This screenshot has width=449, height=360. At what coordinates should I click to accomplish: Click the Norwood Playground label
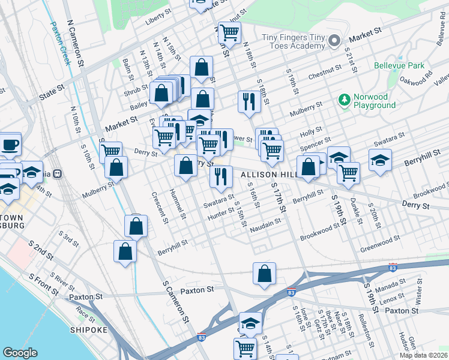tap(370, 101)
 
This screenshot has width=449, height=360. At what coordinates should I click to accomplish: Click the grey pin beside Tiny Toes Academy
tap(335, 41)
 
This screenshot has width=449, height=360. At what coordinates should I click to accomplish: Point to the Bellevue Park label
tap(399, 65)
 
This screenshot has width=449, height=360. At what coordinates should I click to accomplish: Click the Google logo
tap(20, 353)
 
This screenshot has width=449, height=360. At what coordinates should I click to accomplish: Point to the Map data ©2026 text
tap(423, 356)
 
